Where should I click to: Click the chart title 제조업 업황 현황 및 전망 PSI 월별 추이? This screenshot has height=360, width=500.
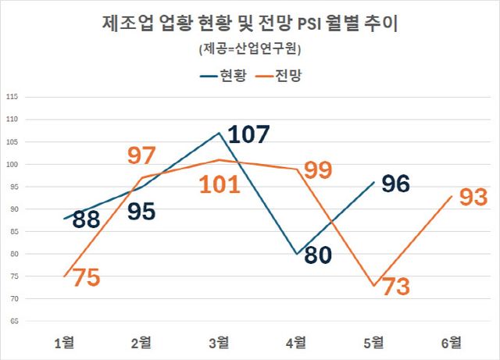click(x=250, y=23)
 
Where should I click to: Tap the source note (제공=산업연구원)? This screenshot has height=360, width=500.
click(x=250, y=49)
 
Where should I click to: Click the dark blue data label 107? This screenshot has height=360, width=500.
click(x=248, y=134)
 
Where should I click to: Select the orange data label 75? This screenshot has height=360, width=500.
click(x=86, y=277)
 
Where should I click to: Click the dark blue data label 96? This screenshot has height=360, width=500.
click(x=396, y=184)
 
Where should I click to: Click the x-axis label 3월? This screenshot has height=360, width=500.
click(x=220, y=341)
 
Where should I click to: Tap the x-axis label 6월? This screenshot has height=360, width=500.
click(x=451, y=341)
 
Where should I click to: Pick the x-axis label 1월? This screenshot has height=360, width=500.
click(x=65, y=341)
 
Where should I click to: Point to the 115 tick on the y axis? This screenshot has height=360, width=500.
click(x=12, y=97)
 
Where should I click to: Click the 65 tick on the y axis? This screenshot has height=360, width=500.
click(x=12, y=321)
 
